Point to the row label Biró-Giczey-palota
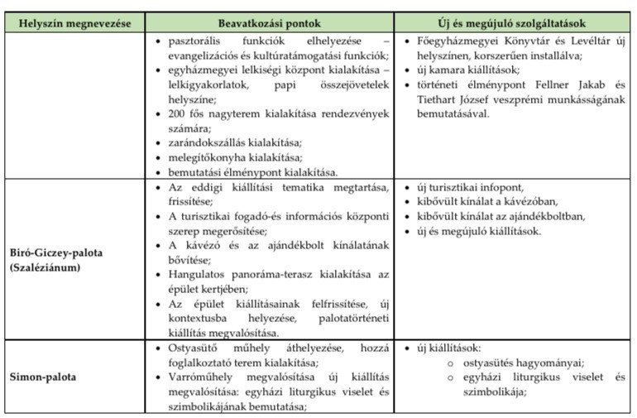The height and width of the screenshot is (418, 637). [x=58, y=252]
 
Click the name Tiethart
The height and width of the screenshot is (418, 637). [x=441, y=98]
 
